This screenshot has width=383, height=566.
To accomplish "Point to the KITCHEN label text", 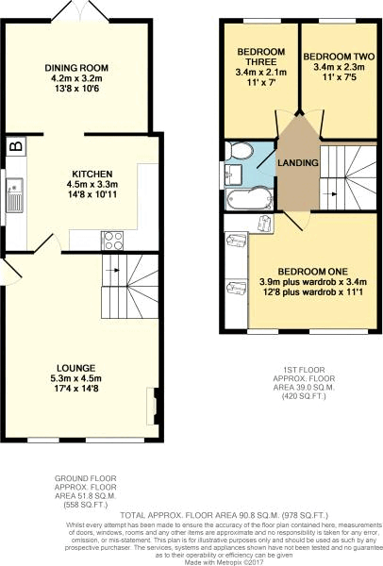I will [x=92, y=175].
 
